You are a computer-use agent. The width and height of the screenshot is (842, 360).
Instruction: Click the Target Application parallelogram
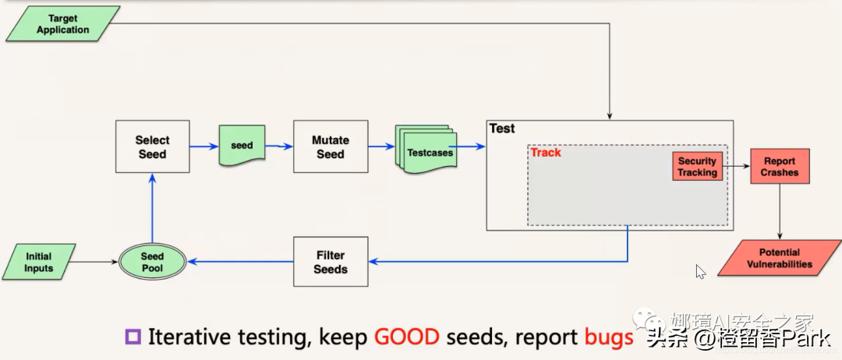[63, 23]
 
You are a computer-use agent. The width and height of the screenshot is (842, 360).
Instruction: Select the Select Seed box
[152, 146]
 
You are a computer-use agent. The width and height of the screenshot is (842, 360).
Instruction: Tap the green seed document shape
[242, 145]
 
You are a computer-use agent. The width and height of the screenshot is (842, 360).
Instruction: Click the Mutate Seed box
[330, 146]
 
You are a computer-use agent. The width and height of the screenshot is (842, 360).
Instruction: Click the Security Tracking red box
[696, 167]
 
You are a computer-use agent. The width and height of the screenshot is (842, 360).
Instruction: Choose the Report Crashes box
[780, 167]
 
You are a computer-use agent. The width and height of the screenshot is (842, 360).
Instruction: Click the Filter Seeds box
[331, 262]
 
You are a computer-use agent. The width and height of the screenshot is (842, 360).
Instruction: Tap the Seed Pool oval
[152, 262]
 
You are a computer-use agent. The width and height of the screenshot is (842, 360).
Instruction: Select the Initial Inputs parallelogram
[39, 262]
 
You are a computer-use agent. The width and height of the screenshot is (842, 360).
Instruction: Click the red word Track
[546, 153]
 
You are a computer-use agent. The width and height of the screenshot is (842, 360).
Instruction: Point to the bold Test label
[502, 129]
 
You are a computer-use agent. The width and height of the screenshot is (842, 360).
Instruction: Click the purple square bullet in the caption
[133, 337]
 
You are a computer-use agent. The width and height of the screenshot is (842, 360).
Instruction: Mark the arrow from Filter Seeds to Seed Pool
[240, 262]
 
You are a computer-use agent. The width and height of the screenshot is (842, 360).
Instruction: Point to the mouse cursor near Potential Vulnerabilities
[700, 271]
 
